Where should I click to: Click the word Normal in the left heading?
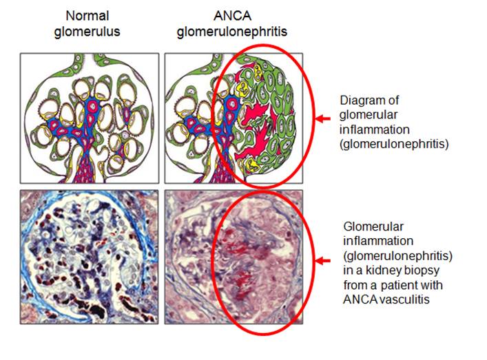click(87, 16)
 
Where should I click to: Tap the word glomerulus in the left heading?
click(87, 32)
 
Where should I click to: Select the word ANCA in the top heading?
click(232, 16)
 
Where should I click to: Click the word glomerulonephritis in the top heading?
click(232, 32)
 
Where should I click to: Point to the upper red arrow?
click(323, 118)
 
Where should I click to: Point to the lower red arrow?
click(323, 261)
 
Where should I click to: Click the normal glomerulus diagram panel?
click(90, 118)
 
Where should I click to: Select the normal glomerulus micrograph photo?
click(89, 257)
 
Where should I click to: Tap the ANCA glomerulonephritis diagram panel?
click(234, 118)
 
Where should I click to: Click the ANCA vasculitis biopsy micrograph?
click(234, 257)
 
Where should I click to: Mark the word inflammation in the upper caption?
click(374, 129)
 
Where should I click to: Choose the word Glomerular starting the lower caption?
click(373, 226)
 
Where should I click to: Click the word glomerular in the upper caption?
click(369, 115)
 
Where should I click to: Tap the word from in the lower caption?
click(355, 285)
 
